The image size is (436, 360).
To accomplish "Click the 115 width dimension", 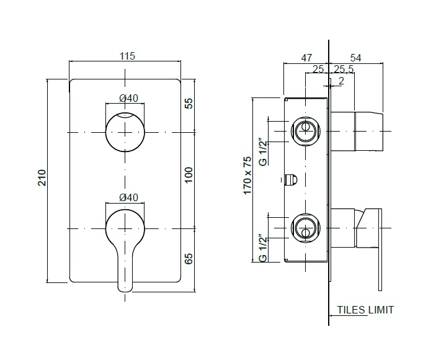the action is tap(127, 56).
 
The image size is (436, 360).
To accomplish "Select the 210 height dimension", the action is tap(42, 178).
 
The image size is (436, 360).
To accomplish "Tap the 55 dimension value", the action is tap(189, 104).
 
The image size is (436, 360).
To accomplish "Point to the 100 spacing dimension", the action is tap(189, 174).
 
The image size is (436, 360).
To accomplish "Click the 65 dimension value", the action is tap(189, 258).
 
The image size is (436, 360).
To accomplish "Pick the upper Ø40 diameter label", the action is tap(128, 98).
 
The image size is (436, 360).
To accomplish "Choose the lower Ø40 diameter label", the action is tap(128, 197).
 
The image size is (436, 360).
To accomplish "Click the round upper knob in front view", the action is tap(125, 132).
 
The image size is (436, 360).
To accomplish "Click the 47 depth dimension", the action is tap(306, 58).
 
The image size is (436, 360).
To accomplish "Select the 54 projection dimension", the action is tap(355, 58).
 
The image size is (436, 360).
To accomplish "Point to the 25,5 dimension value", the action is tap(344, 69).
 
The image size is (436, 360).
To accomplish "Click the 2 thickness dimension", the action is tap(342, 81).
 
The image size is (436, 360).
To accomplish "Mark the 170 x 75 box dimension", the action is tap(247, 176).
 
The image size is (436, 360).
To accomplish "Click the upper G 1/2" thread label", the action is tap(263, 151).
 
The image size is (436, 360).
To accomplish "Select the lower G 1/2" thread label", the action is tap(263, 248).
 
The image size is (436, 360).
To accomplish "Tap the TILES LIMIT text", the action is tap(365, 310).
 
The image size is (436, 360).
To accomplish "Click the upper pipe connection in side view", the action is tap(306, 131).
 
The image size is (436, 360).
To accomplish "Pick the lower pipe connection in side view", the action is tap(306, 228).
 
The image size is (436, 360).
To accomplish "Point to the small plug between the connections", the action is tap(291, 180).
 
